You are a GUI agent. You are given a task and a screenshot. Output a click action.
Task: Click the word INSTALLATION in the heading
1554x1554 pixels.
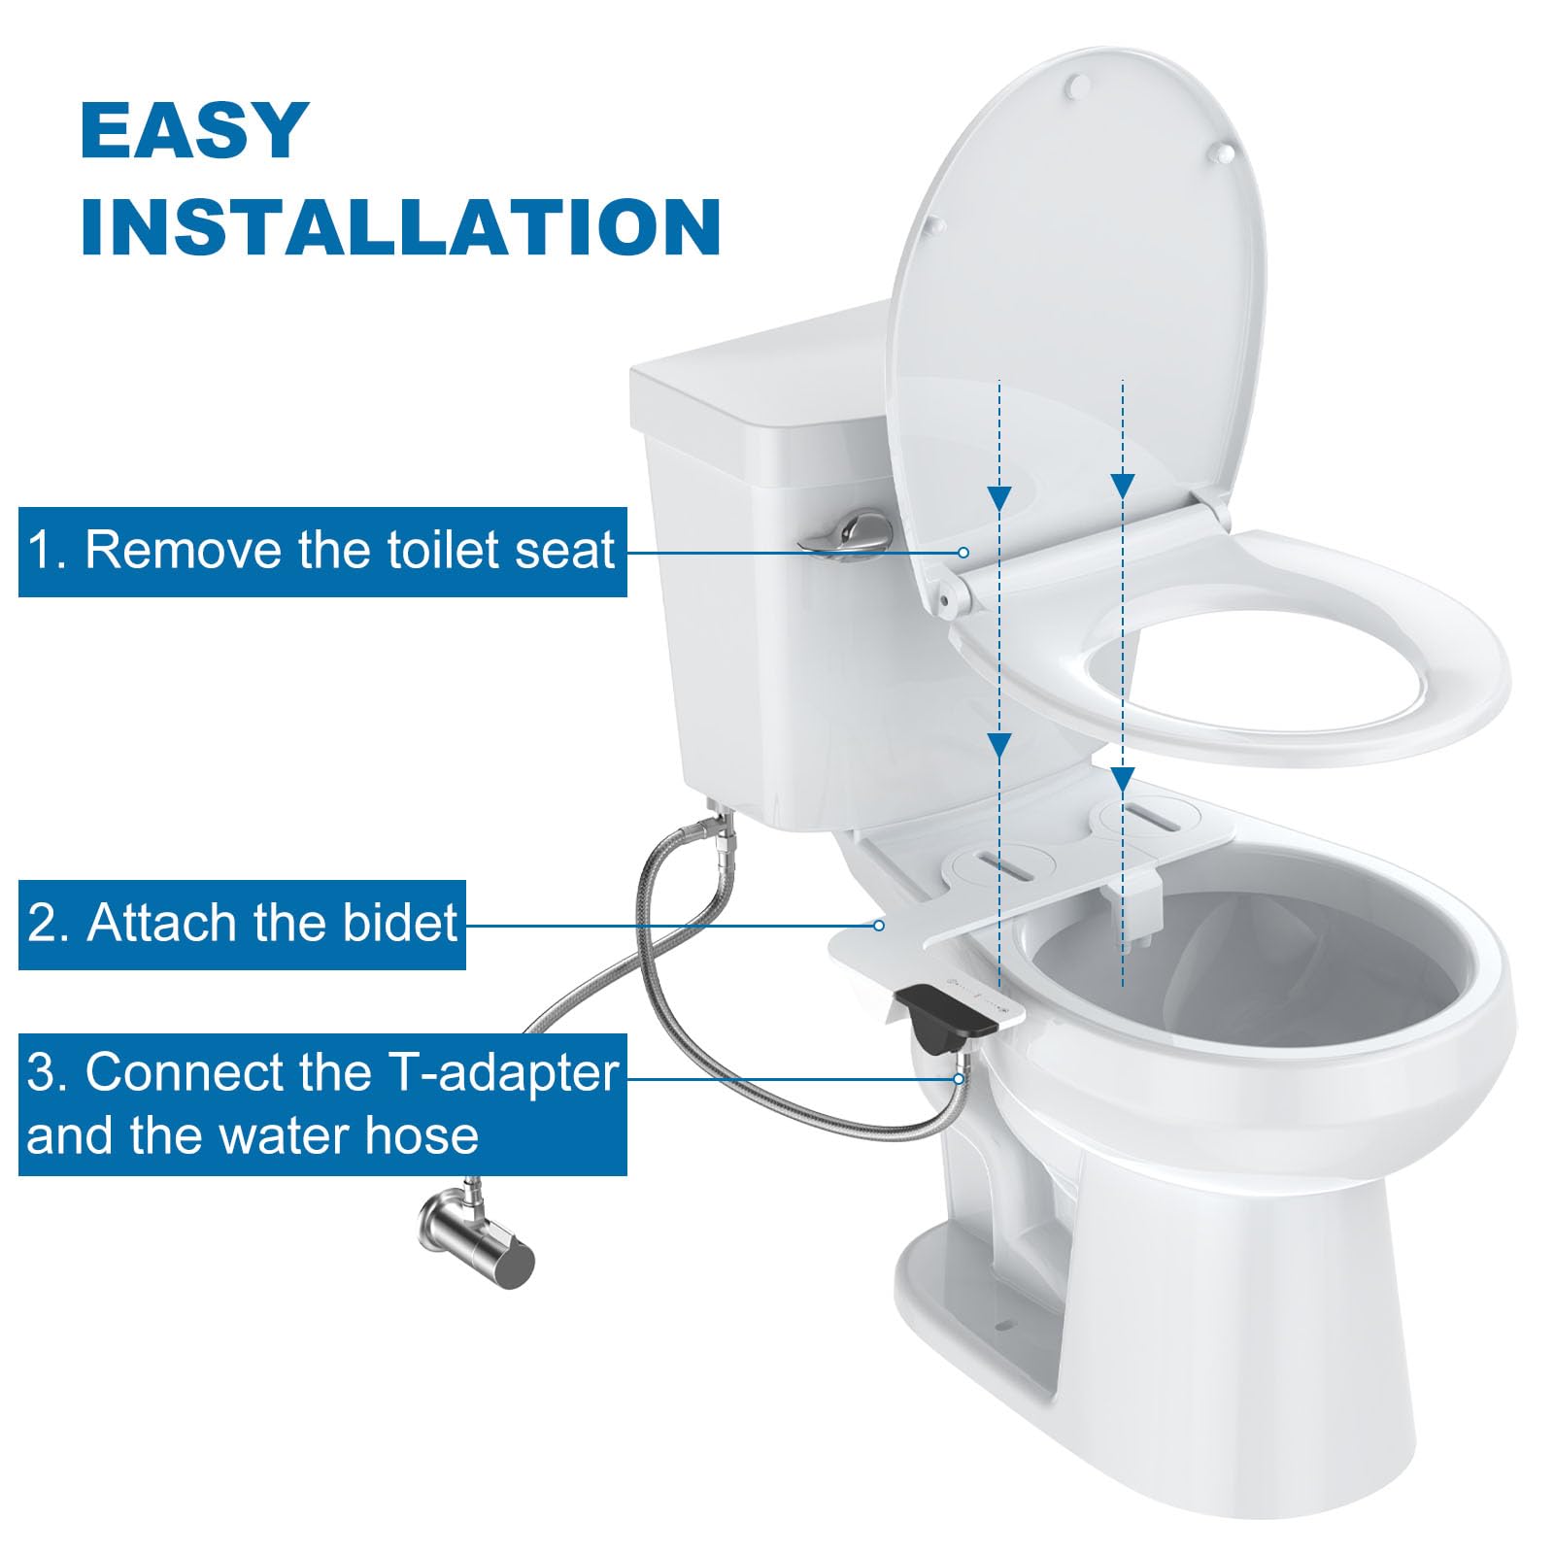(x=400, y=226)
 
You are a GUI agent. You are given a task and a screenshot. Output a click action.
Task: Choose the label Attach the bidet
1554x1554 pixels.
(x=242, y=924)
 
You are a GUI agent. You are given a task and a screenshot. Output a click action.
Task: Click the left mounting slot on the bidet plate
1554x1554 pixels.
(x=1000, y=862)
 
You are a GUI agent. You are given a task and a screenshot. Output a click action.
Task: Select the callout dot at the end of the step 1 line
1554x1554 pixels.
(x=963, y=552)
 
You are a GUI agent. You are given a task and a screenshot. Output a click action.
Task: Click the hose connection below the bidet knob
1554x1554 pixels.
(x=960, y=1078)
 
